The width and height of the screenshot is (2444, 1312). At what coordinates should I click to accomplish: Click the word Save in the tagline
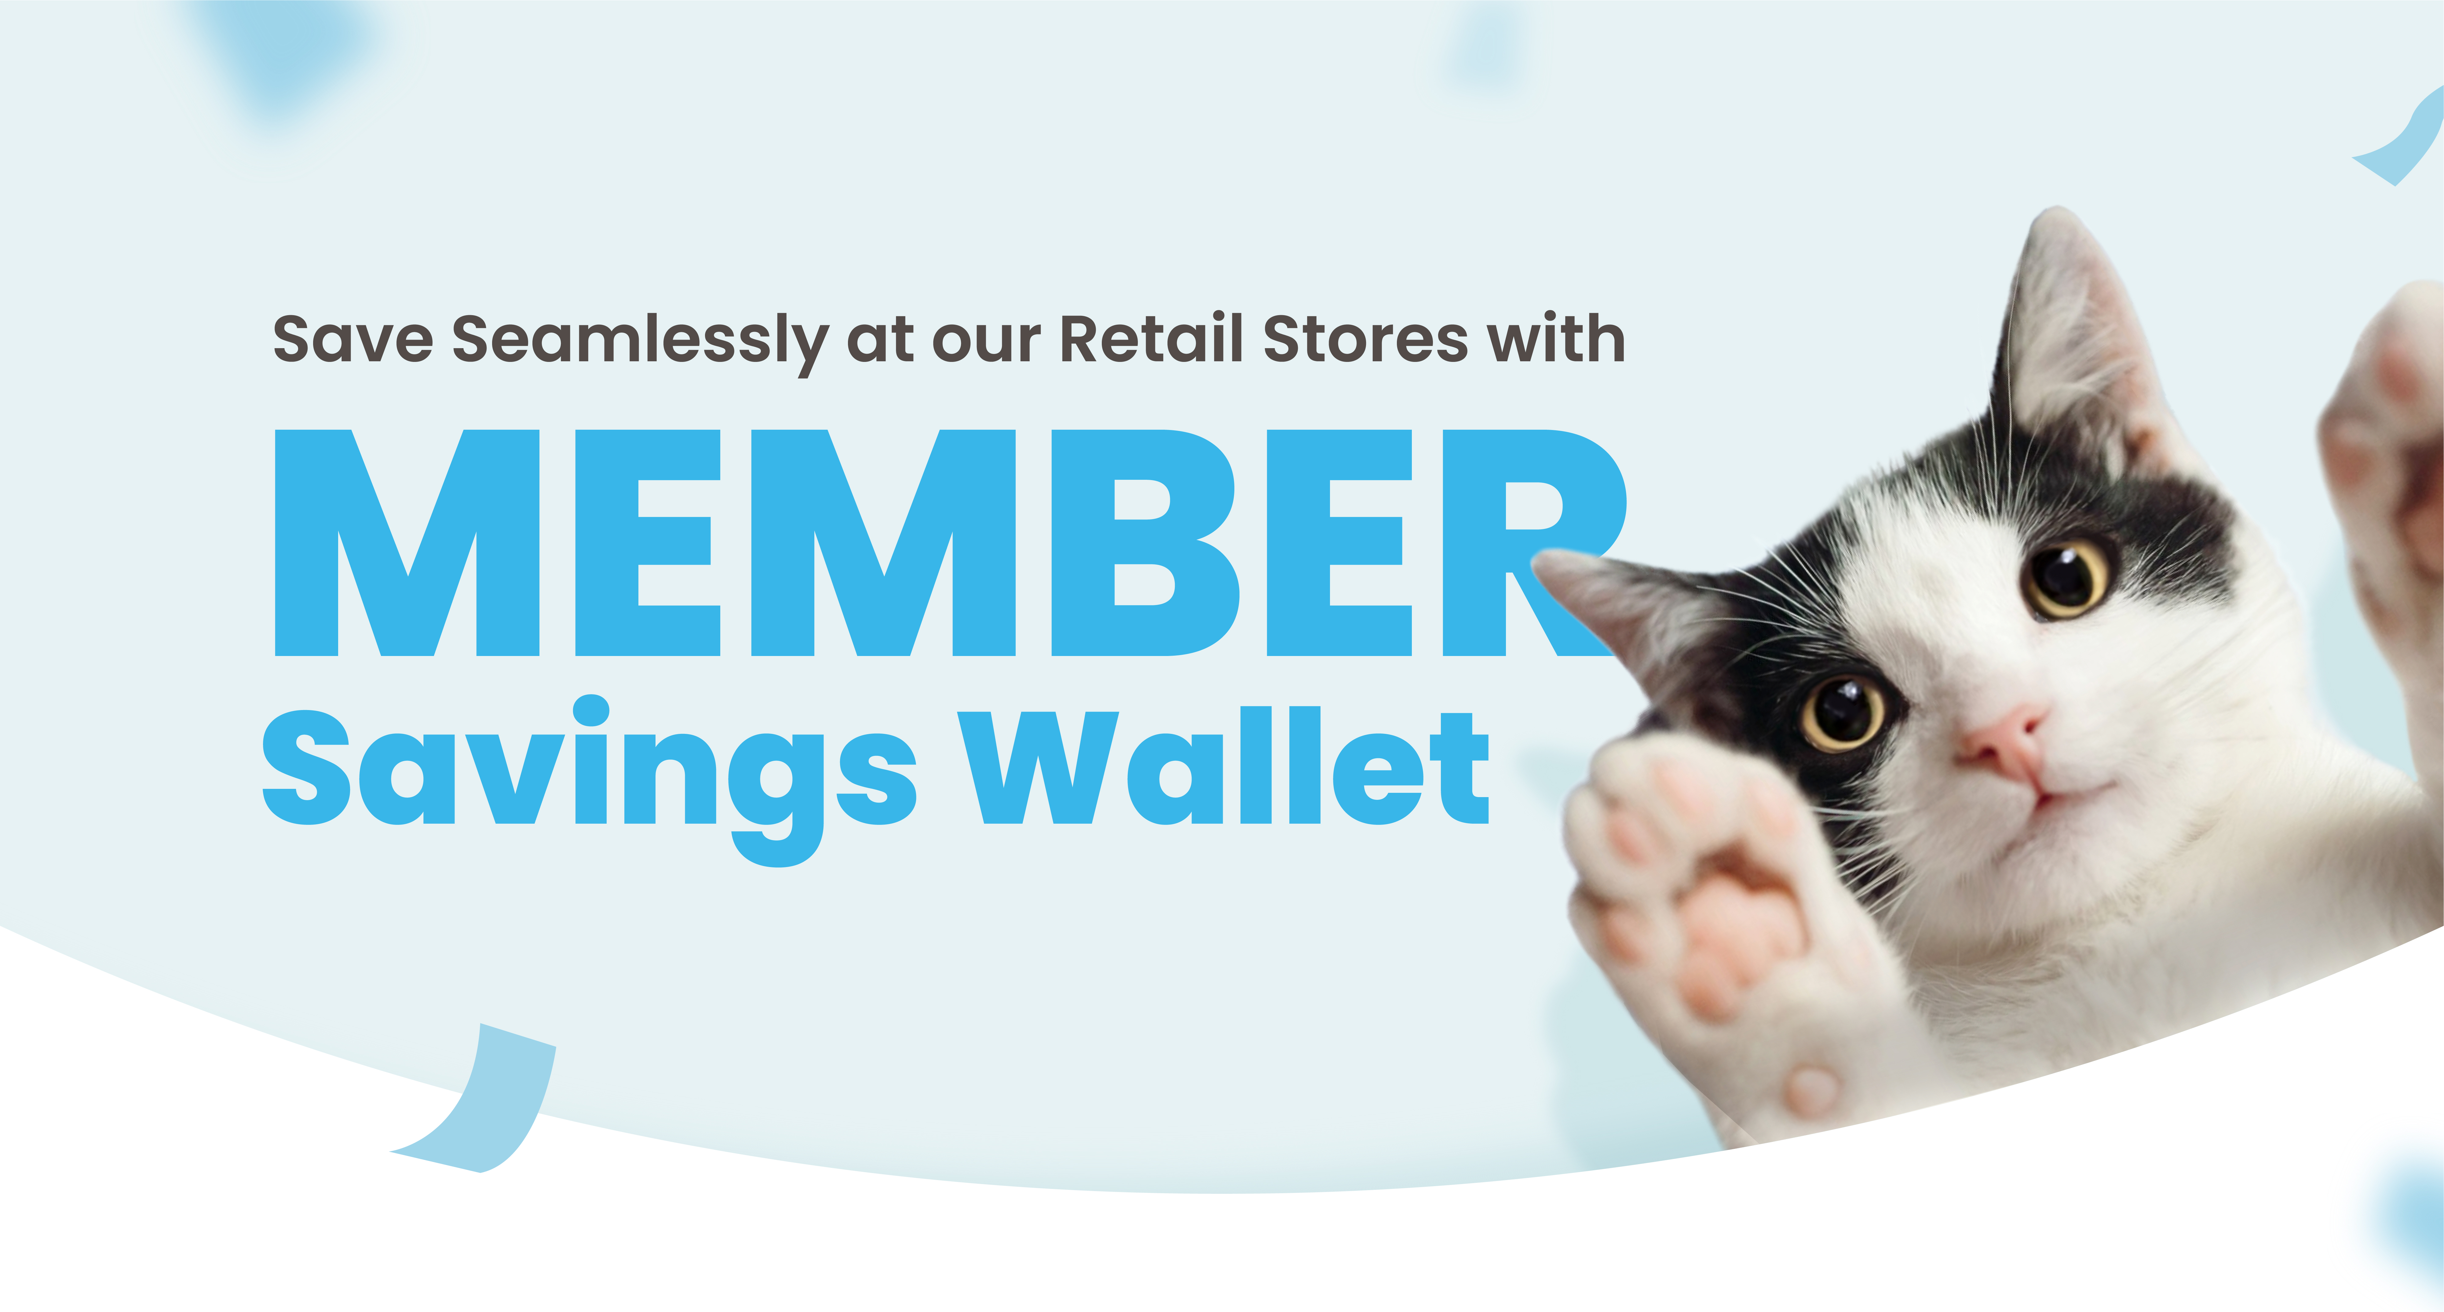(x=353, y=339)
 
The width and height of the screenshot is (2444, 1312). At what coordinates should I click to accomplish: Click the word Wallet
(x=1224, y=767)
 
